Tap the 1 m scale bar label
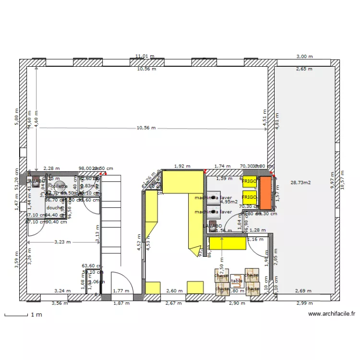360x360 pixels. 36,315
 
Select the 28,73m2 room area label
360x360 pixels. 300,183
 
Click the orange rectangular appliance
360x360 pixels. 266,193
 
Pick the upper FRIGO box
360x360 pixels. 249,181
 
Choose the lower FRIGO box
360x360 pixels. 249,197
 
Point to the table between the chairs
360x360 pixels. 237,281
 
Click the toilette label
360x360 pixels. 60,186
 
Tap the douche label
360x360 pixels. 54,208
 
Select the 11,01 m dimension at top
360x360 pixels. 145,56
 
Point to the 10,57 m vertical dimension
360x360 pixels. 343,180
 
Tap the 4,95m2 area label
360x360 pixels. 229,202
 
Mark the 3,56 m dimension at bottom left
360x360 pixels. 60,303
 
